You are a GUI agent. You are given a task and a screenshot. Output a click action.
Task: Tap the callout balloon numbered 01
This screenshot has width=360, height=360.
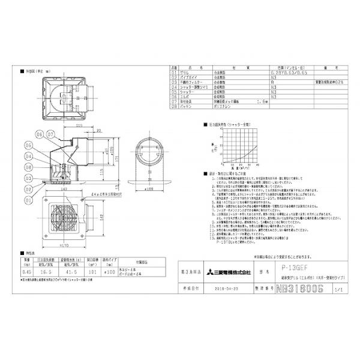(x=28, y=194)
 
